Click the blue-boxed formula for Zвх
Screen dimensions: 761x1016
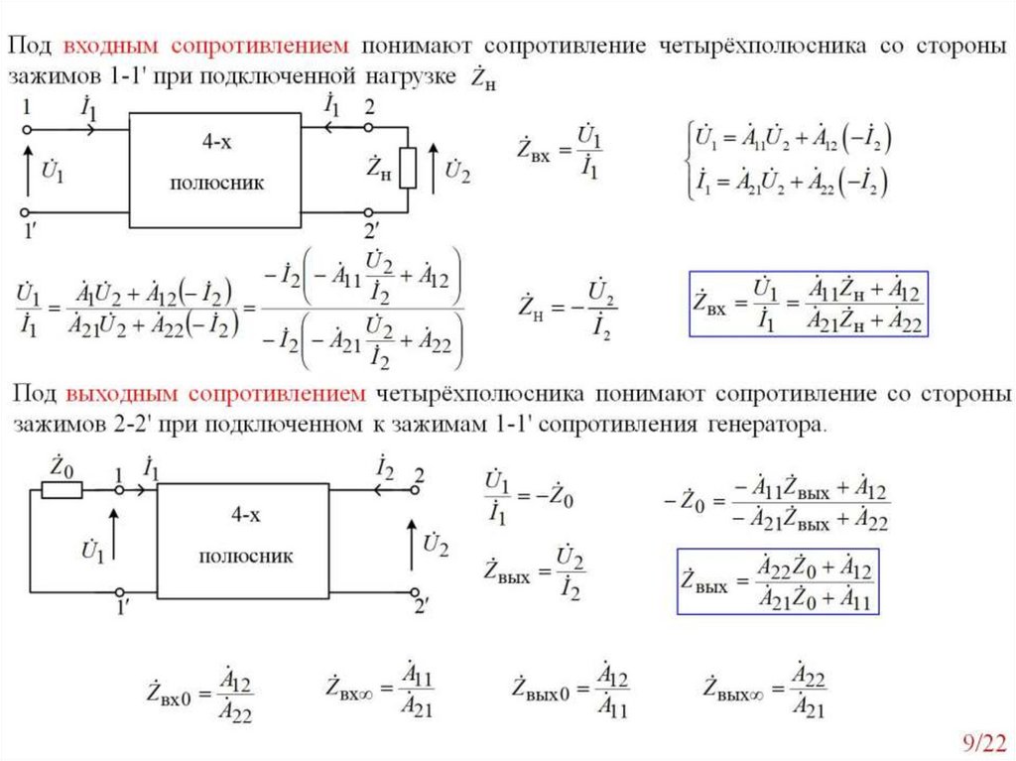click(x=809, y=304)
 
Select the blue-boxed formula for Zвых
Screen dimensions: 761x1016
click(x=779, y=582)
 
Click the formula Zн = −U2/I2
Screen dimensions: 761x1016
click(x=567, y=310)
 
